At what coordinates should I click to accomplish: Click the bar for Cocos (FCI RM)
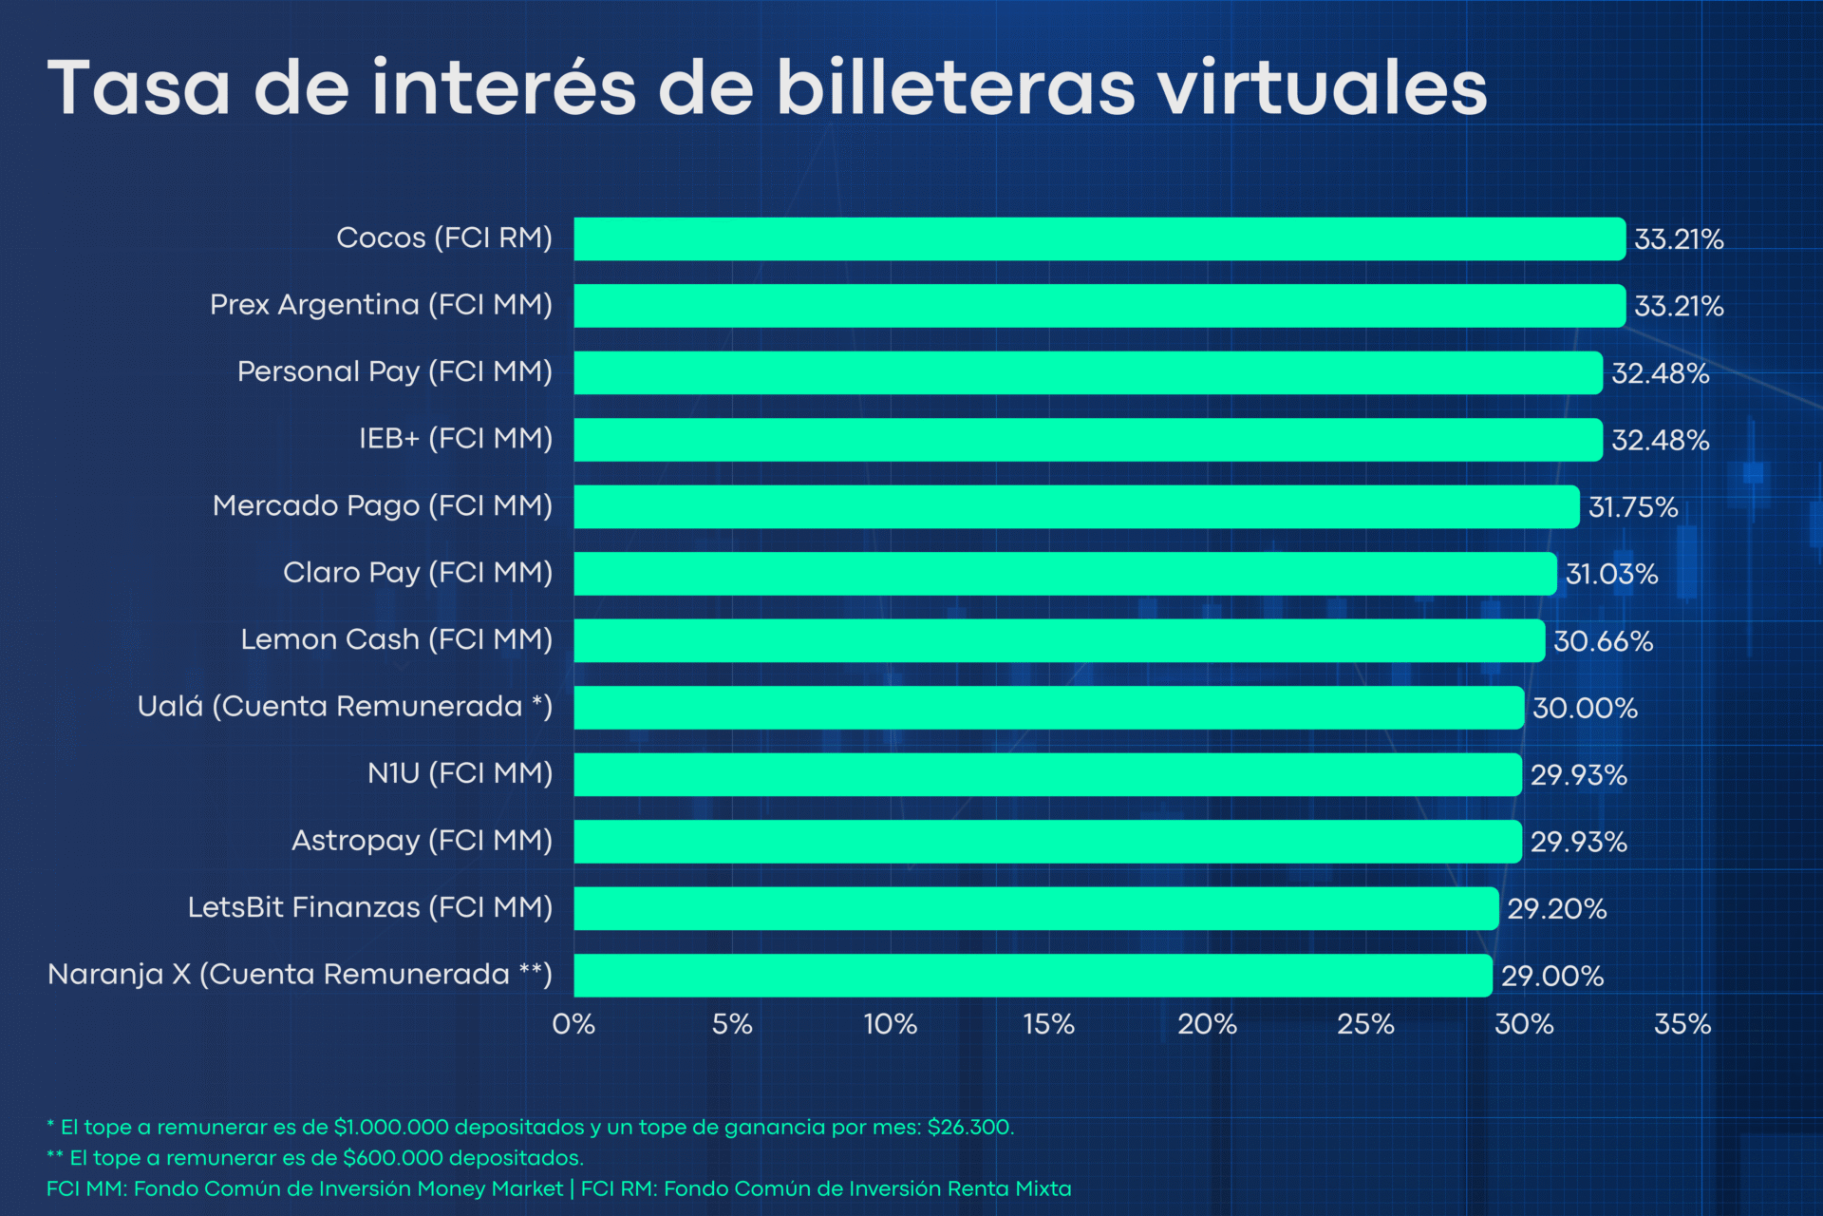1099,238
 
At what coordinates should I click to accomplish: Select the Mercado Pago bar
1076,506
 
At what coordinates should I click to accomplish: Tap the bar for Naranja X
1032,976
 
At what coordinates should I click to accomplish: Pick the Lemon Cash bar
1059,640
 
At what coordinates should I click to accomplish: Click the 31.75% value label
1633,507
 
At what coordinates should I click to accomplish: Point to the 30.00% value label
1585,708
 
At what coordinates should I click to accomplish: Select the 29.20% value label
1557,909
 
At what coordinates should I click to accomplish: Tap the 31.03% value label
1611,574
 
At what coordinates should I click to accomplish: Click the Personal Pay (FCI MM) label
394,371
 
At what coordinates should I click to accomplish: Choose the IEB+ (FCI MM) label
455,438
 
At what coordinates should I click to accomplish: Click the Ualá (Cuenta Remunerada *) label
345,707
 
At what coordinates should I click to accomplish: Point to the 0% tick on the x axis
573,1024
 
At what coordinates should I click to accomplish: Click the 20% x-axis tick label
1207,1024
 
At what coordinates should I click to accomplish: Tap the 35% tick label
1682,1024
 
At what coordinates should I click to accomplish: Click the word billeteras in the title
955,87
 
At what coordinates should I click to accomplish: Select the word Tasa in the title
139,87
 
